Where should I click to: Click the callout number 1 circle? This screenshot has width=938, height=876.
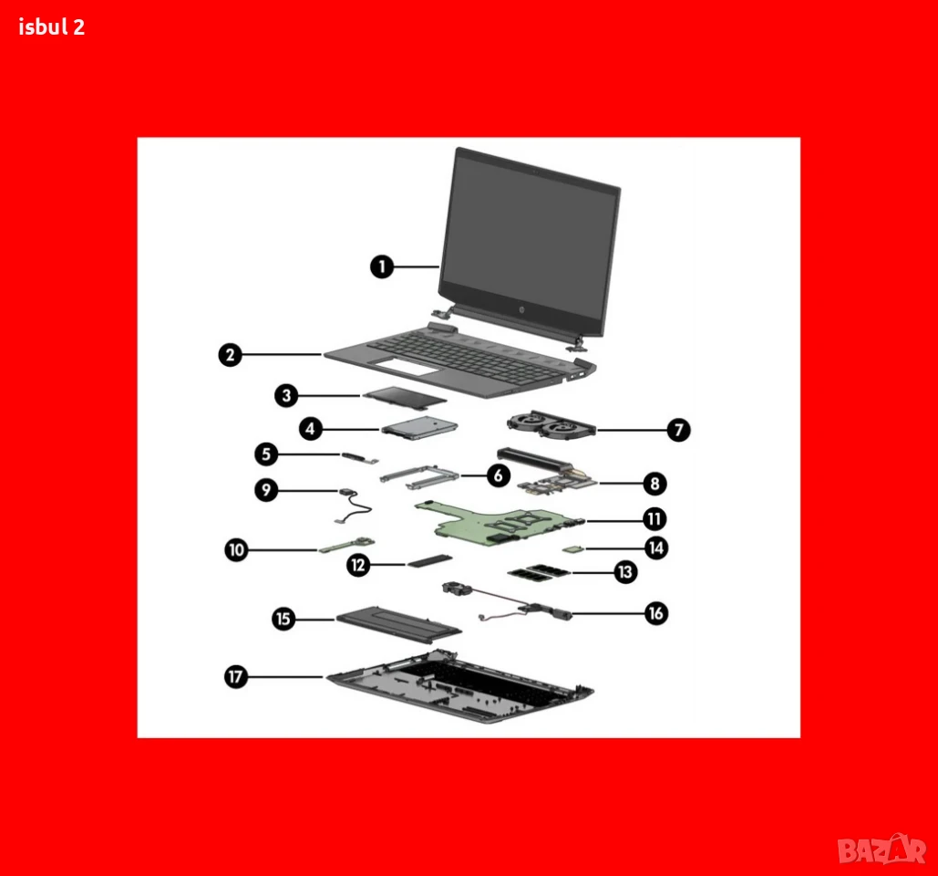tap(382, 266)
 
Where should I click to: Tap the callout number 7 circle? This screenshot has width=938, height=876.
tap(678, 430)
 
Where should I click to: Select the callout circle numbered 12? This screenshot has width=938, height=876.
tap(357, 565)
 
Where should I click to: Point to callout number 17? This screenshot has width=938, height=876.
tap(236, 676)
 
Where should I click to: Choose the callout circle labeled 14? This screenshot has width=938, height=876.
tap(656, 547)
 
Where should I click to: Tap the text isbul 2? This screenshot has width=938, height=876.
tap(51, 27)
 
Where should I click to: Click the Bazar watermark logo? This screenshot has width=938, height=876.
tap(881, 849)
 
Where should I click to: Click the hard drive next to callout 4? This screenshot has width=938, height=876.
tap(419, 428)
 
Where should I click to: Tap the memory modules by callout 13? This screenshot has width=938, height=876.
tap(539, 572)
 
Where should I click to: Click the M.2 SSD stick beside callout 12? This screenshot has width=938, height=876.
tap(429, 561)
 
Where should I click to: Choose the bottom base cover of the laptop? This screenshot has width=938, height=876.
tap(459, 687)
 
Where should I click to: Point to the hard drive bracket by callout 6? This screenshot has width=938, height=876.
tap(418, 476)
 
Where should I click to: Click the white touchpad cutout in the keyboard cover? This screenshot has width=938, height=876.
tap(408, 367)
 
